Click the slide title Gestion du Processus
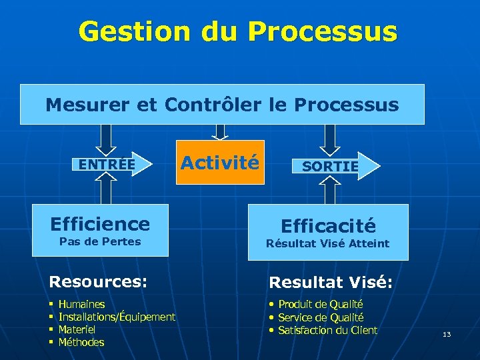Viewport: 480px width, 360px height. (238, 32)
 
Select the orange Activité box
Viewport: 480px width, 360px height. (220, 162)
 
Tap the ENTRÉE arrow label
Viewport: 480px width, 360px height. (107, 164)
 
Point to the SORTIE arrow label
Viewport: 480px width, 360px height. (330, 167)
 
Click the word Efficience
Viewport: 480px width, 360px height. (100, 223)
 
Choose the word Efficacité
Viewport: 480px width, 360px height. (328, 226)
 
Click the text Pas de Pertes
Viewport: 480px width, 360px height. (100, 241)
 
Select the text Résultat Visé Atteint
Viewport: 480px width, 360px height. (327, 243)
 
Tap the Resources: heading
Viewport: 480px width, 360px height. (98, 281)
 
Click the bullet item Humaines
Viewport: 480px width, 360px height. (81, 305)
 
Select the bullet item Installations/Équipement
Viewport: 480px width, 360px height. (117, 317)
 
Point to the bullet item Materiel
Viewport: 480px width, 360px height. (77, 329)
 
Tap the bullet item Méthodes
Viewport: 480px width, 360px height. (81, 342)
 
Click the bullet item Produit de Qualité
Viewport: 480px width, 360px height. (320, 305)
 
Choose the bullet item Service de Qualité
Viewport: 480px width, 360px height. (320, 317)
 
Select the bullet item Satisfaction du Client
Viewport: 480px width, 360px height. (327, 330)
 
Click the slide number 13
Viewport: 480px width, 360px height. (447, 334)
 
